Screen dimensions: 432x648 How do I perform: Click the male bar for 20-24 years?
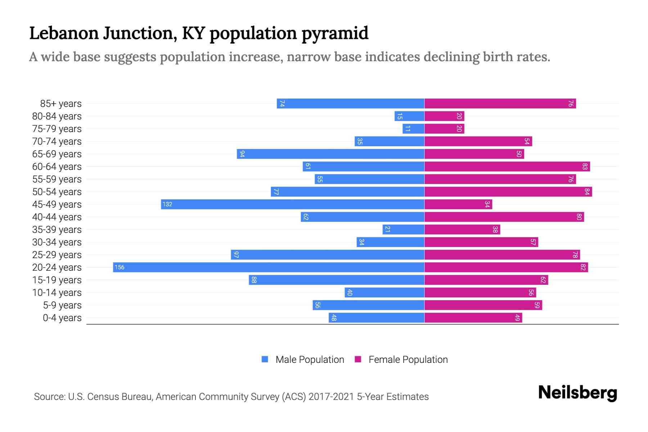(269, 267)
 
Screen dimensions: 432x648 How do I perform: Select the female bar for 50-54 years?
(508, 192)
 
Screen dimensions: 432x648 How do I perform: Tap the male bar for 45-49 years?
(292, 204)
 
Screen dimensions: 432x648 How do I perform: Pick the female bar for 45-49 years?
(458, 204)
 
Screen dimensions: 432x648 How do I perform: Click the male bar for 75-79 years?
(413, 129)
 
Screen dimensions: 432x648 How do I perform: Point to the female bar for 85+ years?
(500, 103)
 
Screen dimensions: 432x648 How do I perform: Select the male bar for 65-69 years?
(330, 154)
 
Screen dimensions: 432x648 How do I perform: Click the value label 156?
(120, 267)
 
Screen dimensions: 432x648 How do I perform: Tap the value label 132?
(167, 204)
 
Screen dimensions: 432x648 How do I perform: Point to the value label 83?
(585, 166)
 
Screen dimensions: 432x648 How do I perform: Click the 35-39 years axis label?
(57, 229)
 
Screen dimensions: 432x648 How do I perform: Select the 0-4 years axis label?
(62, 318)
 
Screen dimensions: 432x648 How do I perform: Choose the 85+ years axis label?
(61, 103)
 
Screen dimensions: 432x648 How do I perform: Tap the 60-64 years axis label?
(57, 166)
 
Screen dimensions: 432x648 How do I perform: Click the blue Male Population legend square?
(265, 359)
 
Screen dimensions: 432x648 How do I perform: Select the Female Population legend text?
(408, 359)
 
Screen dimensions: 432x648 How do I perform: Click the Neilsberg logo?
(577, 393)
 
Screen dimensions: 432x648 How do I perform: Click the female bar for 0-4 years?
(473, 318)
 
